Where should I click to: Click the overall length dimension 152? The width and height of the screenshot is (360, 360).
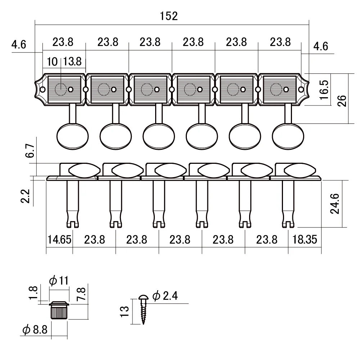click(x=169, y=16)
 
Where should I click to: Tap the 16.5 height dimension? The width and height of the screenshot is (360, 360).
click(x=323, y=90)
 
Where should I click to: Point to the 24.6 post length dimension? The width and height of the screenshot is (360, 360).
click(x=336, y=204)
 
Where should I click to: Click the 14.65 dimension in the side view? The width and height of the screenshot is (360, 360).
click(x=59, y=239)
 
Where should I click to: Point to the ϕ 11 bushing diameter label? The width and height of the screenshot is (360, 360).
click(x=59, y=281)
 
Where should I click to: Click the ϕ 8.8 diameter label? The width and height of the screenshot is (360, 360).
click(x=35, y=329)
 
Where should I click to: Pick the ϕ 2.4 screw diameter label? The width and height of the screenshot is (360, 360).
click(x=165, y=296)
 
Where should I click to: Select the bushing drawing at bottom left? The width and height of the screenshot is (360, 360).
click(x=59, y=310)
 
